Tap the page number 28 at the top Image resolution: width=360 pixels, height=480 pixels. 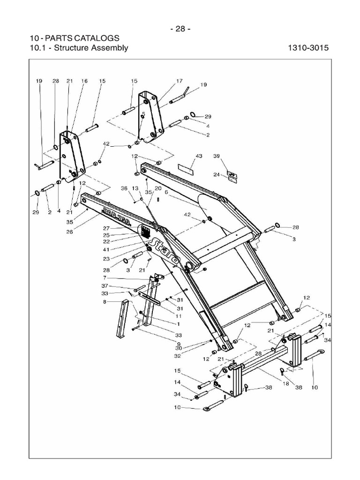180,29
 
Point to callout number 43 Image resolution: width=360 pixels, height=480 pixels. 199,156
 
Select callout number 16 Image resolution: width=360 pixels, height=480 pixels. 84,81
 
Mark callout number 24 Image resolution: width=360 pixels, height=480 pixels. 217,175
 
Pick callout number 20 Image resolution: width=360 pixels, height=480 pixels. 158,188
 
